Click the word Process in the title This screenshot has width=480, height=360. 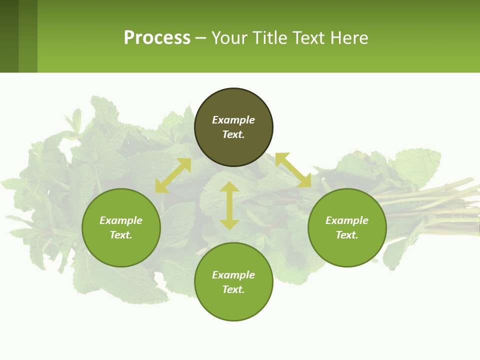(x=157, y=38)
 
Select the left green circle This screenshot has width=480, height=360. (x=121, y=250)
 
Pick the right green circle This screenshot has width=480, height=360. (x=347, y=250)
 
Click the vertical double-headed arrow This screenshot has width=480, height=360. (x=229, y=205)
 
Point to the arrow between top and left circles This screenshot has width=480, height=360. (x=173, y=175)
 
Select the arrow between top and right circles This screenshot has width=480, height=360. (x=293, y=170)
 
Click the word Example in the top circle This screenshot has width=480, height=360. (x=233, y=120)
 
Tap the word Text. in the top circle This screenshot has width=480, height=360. (x=233, y=134)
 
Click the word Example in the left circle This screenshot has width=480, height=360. (x=121, y=220)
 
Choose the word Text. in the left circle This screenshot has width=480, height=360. (x=121, y=235)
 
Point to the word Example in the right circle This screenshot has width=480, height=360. (x=347, y=220)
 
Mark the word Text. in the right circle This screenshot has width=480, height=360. (x=347, y=235)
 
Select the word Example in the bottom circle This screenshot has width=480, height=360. (x=233, y=275)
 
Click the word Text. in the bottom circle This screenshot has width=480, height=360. (x=233, y=289)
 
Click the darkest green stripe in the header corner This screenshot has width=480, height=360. (x=9, y=36)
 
